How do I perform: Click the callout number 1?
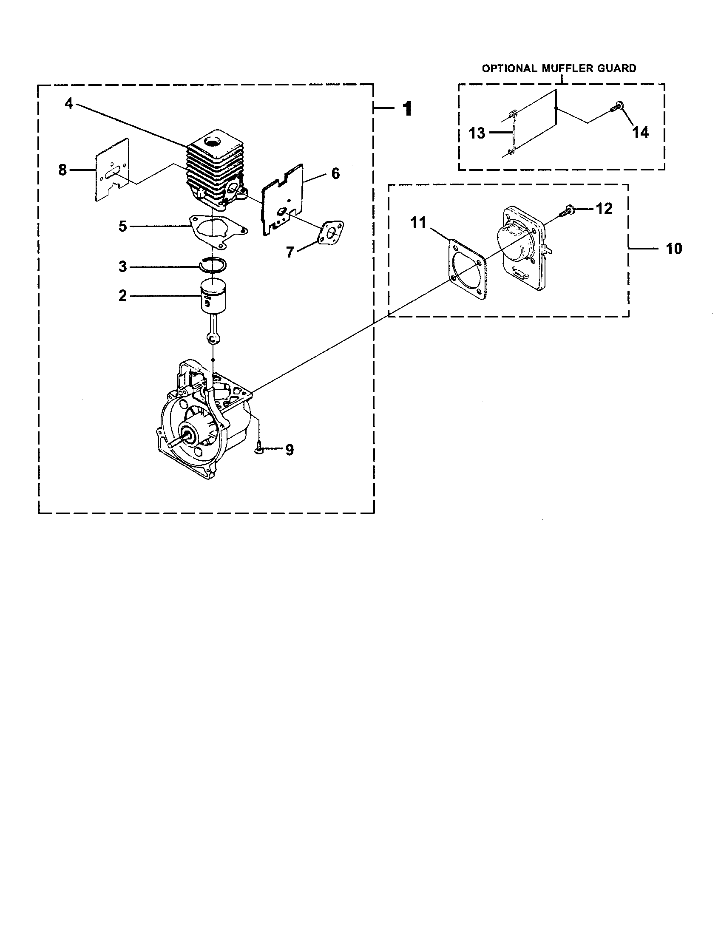pyautogui.click(x=407, y=109)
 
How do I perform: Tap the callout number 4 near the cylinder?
pyautogui.click(x=69, y=103)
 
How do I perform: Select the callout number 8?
pyautogui.click(x=63, y=170)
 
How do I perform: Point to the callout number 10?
pyautogui.click(x=673, y=249)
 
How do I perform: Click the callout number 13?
pyautogui.click(x=477, y=133)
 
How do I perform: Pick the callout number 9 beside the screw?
pyautogui.click(x=290, y=450)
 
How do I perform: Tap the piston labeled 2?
pyautogui.click(x=213, y=297)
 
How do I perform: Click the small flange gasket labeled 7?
pyautogui.click(x=332, y=232)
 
